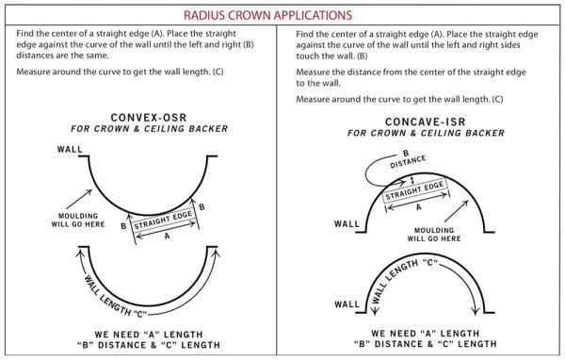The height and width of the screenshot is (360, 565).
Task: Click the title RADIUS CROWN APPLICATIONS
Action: click(282, 16)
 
